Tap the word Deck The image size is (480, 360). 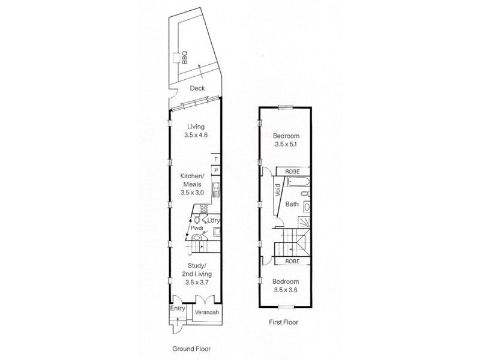[197, 89]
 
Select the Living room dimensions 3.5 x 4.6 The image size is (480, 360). [196, 136]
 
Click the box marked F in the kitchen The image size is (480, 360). [215, 160]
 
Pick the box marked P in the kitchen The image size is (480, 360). [215, 171]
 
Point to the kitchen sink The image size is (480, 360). [215, 191]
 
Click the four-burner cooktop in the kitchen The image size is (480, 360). [203, 209]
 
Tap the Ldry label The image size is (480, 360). [212, 220]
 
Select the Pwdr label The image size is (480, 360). [196, 229]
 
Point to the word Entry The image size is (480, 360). [178, 308]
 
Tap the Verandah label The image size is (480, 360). [206, 312]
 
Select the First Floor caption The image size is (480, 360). [284, 322]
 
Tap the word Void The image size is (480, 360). [278, 191]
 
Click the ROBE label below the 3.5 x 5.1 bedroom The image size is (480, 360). [292, 170]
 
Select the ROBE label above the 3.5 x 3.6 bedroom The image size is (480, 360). [292, 261]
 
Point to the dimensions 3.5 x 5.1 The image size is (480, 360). [286, 145]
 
